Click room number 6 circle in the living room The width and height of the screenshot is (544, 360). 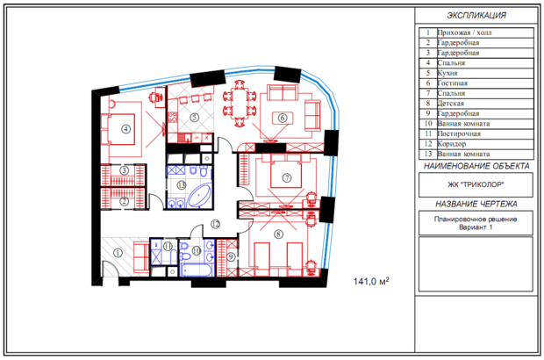pos(283,118)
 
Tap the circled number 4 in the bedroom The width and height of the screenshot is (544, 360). pos(125,129)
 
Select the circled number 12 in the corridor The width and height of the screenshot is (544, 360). pos(216,224)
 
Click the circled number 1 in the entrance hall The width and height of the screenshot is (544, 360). pos(118,253)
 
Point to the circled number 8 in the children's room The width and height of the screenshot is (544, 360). pos(278,234)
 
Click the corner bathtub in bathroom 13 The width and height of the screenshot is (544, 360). pos(199,196)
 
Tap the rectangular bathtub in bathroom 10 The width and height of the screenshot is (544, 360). pos(197,270)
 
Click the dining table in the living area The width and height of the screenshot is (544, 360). pos(239,104)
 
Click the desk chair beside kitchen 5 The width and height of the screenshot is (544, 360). pos(153,97)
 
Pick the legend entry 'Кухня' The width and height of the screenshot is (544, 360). pos(447,73)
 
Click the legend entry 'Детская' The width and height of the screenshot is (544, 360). pos(450,104)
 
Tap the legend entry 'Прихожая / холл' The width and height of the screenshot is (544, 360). pos(464,33)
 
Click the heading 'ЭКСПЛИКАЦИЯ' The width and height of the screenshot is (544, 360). pos(476,15)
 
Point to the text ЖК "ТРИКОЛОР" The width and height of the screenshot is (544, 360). pos(476,184)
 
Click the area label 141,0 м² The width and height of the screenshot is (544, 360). pos(371,281)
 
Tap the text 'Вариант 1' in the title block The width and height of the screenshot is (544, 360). pos(476,227)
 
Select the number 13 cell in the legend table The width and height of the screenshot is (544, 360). pos(428,154)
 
